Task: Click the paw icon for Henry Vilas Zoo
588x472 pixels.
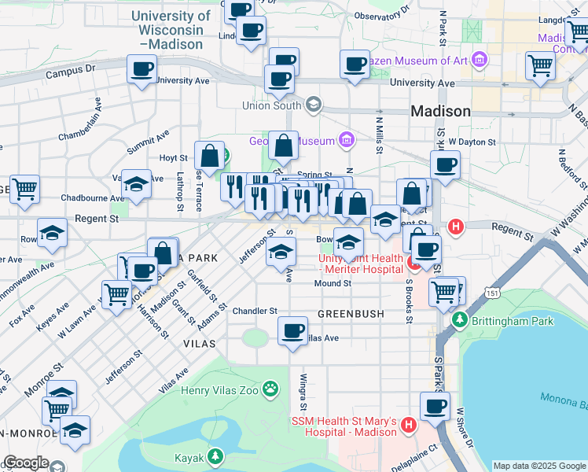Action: [271, 388]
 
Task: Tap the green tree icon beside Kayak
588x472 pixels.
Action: [215, 457]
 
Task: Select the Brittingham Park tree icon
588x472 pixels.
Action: [459, 320]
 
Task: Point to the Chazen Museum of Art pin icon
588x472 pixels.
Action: [480, 60]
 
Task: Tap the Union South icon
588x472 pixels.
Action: [314, 105]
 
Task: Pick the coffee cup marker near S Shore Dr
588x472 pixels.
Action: [435, 406]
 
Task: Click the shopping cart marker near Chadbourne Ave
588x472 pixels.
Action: [24, 189]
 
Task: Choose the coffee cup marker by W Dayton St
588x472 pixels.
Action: [445, 165]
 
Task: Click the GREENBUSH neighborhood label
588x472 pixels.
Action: [351, 313]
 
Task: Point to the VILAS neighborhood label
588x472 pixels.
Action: [199, 345]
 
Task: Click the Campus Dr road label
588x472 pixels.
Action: [70, 69]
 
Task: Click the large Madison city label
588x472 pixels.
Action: [440, 111]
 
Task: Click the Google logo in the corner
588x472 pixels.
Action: [25, 463]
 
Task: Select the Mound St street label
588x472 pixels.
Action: [333, 283]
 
